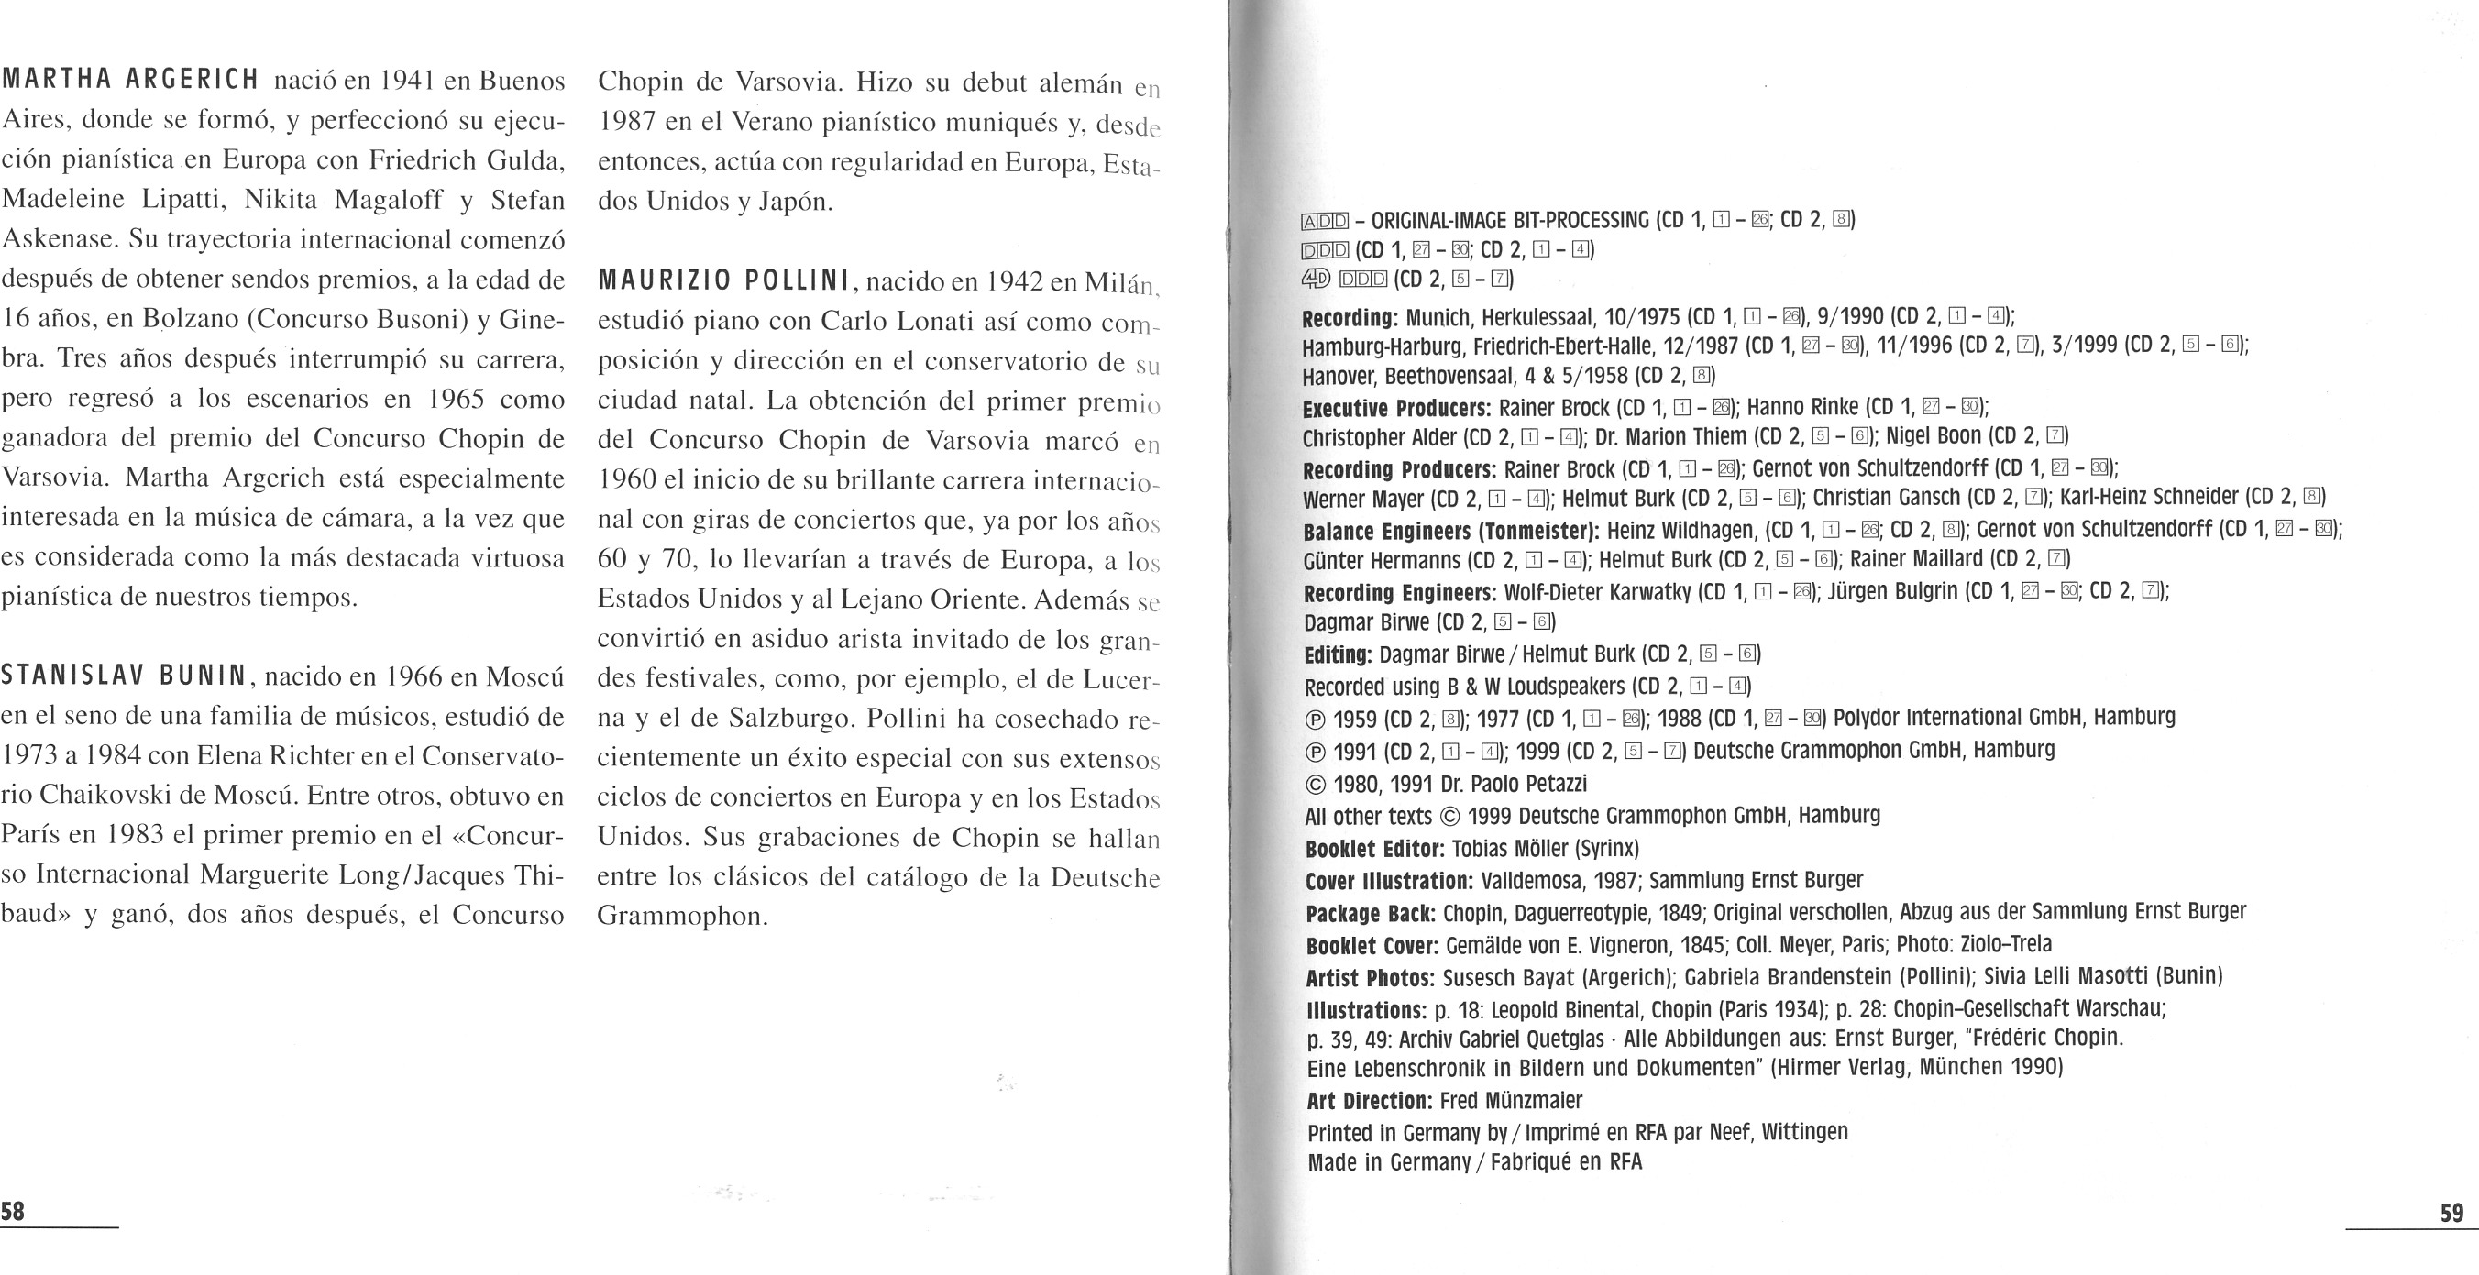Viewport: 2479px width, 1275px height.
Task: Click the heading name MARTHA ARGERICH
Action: pyautogui.click(x=130, y=79)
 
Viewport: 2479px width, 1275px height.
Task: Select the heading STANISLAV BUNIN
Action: pyautogui.click(x=123, y=676)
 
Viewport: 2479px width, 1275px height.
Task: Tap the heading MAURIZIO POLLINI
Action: pyautogui.click(x=724, y=281)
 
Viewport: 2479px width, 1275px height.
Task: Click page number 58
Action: pyautogui.click(x=13, y=1211)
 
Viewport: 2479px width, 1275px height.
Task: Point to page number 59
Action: pyautogui.click(x=2452, y=1213)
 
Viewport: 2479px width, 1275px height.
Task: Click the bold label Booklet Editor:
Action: pyautogui.click(x=1375, y=849)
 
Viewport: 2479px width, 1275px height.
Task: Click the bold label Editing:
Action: pyautogui.click(x=1337, y=655)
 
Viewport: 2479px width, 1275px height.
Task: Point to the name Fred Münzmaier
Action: pyautogui.click(x=1511, y=1101)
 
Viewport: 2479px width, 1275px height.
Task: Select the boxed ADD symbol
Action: pyautogui.click(x=1324, y=221)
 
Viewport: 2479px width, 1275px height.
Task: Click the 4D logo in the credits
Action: pyautogui.click(x=1316, y=279)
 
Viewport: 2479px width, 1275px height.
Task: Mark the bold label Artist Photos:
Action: pyautogui.click(x=1371, y=978)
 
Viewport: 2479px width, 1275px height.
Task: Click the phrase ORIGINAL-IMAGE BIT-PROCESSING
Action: pyautogui.click(x=1509, y=220)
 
